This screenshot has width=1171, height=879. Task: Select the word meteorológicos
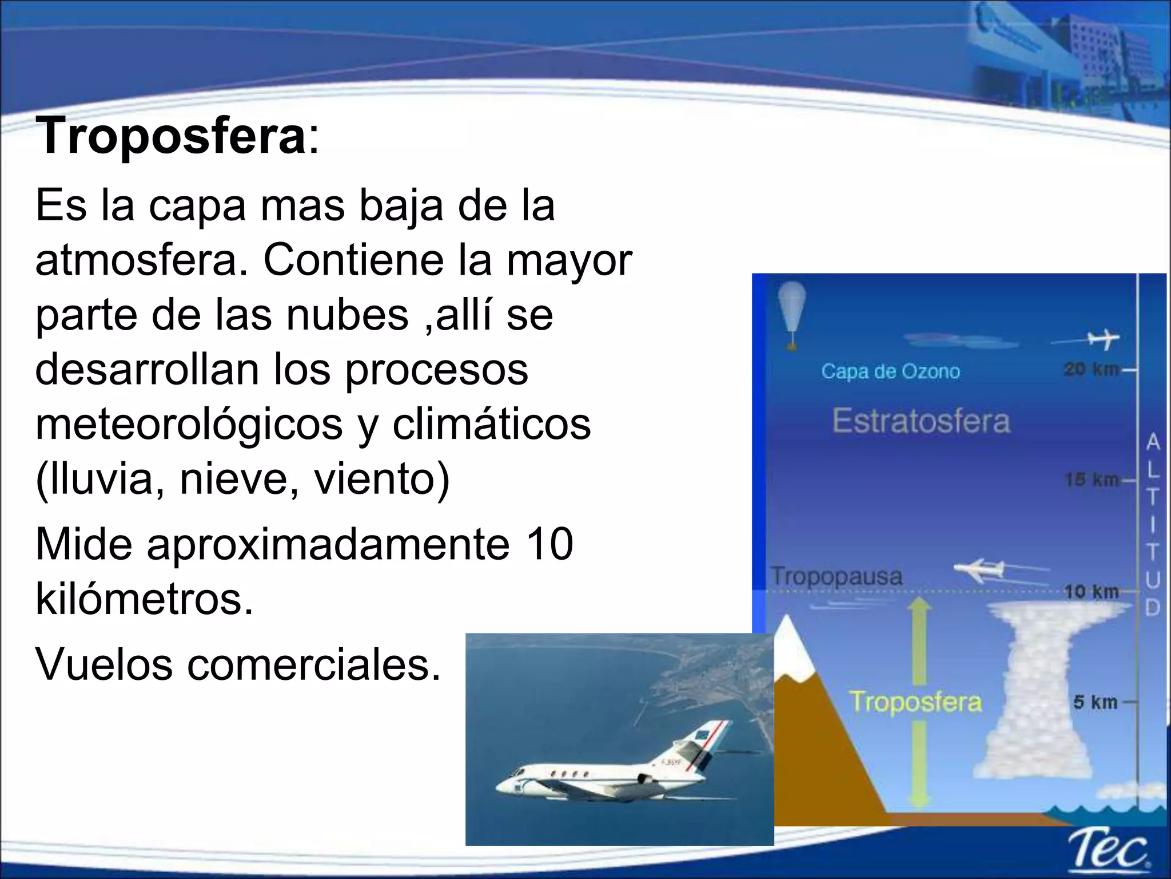[x=189, y=425]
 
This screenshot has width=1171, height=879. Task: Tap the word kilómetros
[x=144, y=599]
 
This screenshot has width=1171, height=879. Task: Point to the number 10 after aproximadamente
[x=549, y=544]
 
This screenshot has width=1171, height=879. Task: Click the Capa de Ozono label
[x=890, y=371]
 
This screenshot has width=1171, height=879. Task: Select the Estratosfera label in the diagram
[x=921, y=421]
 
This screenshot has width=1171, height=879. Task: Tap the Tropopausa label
[x=836, y=576]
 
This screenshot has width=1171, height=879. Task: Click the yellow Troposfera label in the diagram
[x=915, y=702]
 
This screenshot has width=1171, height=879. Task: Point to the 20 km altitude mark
[x=1091, y=370]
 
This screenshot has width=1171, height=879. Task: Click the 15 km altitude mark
[x=1091, y=480]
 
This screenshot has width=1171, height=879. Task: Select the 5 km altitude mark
[x=1095, y=702]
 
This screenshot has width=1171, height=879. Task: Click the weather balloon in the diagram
[x=792, y=312]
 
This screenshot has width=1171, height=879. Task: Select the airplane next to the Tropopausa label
[x=979, y=569]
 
